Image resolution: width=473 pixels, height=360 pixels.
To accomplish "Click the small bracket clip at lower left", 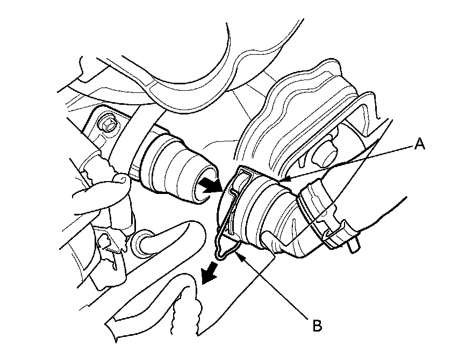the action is [x=110, y=244].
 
